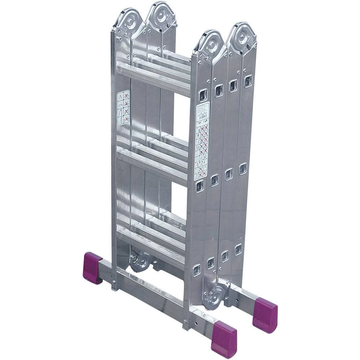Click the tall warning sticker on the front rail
202,141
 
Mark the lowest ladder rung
151,245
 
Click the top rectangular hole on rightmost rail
248,81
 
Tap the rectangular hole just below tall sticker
199,186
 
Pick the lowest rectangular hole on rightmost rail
238,249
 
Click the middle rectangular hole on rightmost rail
243,168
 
